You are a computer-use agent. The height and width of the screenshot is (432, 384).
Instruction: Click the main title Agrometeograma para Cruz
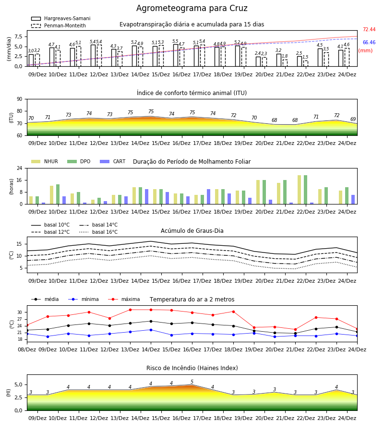click(192, 8)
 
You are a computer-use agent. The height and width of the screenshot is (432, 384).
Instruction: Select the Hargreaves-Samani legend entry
click(61, 18)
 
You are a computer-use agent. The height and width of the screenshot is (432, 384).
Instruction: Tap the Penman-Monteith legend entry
click(59, 25)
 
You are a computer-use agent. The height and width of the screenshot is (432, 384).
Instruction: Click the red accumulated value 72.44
click(369, 29)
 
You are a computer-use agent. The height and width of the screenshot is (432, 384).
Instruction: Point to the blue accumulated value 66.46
click(369, 42)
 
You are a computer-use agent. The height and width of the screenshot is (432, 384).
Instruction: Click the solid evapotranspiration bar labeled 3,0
click(31, 60)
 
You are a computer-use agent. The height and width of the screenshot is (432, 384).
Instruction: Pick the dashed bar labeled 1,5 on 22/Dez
click(306, 63)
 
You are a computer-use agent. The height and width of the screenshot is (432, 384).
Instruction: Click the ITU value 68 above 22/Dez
click(295, 120)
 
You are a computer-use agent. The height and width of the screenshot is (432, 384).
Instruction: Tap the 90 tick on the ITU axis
click(20, 99)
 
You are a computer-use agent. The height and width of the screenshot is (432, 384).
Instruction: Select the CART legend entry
click(113, 161)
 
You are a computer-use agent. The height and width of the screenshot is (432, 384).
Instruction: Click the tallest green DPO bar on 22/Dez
click(305, 190)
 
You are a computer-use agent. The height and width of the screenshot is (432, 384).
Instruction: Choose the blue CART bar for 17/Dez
click(208, 197)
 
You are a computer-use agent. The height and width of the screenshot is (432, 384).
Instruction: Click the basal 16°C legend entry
click(98, 232)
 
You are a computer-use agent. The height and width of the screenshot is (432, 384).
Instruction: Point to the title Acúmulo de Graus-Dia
click(192, 230)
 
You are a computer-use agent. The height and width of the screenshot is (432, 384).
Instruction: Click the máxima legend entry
click(124, 299)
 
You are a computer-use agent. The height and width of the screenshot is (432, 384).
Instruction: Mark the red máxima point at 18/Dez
click(234, 312)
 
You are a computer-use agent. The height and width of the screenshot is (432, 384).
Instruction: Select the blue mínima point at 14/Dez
click(151, 330)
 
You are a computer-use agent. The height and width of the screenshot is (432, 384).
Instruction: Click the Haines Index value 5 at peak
click(192, 382)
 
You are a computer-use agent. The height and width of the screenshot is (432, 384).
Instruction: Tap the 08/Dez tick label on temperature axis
click(27, 349)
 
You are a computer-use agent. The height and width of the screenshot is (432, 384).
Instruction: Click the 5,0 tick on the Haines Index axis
click(18, 384)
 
